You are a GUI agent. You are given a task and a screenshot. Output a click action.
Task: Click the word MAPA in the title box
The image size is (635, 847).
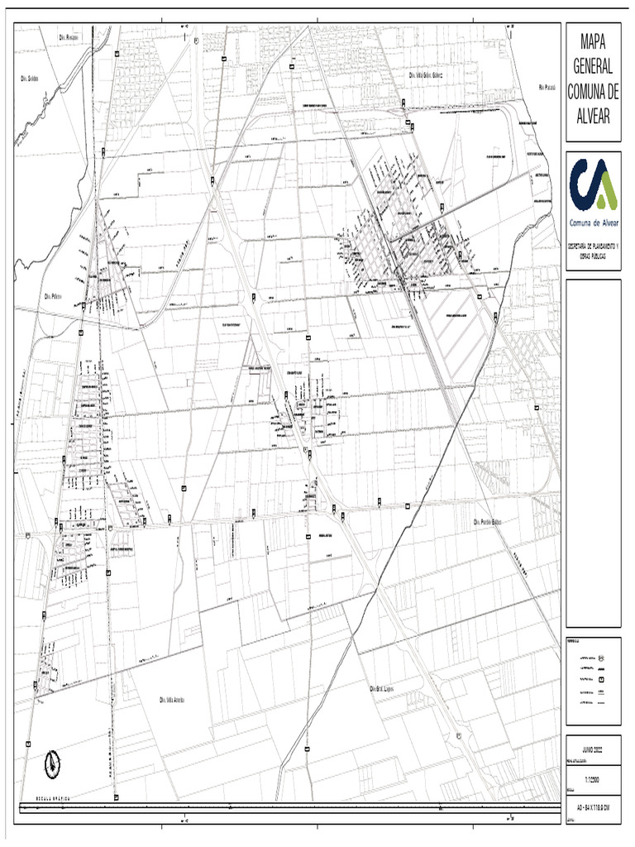590,41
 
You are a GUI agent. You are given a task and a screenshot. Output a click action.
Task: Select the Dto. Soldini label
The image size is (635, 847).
31,79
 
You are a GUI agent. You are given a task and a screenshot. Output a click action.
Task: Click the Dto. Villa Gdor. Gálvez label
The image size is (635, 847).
427,74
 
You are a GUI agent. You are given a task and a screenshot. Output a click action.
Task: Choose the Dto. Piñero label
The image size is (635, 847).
54,295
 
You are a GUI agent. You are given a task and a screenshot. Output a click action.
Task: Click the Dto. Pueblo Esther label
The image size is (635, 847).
488,522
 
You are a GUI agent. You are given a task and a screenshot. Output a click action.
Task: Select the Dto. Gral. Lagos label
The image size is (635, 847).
383,688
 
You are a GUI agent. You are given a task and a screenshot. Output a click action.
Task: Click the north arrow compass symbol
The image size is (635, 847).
52,762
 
